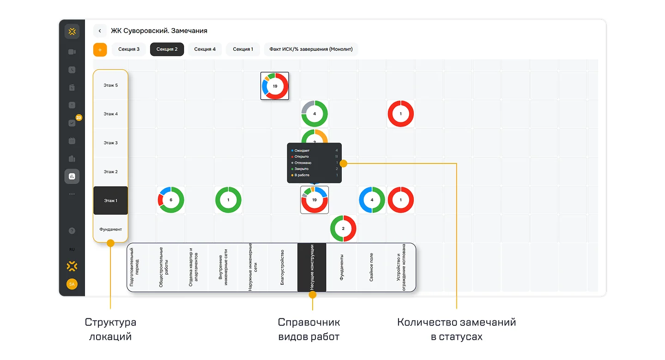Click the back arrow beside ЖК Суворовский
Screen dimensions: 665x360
tap(100, 30)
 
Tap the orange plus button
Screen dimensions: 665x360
tap(100, 49)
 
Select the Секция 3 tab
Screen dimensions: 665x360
tap(129, 49)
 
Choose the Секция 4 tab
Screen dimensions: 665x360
tap(205, 49)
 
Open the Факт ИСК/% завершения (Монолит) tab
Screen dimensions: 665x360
tap(311, 49)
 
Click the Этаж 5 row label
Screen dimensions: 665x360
tap(110, 85)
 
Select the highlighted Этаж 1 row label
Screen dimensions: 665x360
tap(110, 201)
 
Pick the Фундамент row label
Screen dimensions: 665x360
tap(110, 229)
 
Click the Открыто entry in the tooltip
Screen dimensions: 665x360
tap(302, 157)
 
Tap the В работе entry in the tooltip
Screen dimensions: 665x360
tap(302, 175)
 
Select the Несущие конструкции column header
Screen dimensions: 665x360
tap(312, 267)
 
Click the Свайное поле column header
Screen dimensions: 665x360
tap(371, 267)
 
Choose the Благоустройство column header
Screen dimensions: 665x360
tap(282, 267)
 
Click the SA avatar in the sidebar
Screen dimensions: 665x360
tap(72, 284)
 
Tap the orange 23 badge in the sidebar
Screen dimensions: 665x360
tap(79, 118)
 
